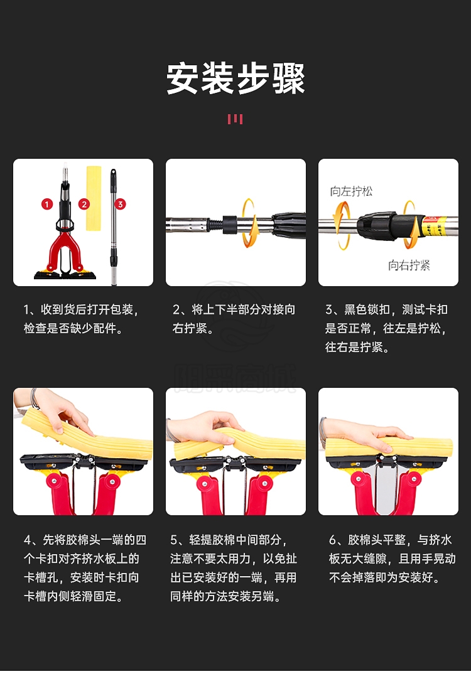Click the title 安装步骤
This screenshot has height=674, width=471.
point(235,78)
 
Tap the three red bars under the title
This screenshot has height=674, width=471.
point(235,119)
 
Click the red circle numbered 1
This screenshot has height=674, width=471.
point(47,204)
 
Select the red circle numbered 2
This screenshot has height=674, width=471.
point(84,204)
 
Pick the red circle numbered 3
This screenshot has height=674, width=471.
point(120,204)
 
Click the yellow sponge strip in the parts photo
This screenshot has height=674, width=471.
point(94,198)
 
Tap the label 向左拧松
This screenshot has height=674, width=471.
point(351,191)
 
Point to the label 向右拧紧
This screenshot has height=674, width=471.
point(409,265)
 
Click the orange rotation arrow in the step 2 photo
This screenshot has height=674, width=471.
point(249,223)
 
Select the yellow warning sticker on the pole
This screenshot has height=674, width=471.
point(432,227)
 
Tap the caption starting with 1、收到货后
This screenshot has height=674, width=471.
point(82,319)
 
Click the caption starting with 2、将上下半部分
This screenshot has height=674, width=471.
point(234,319)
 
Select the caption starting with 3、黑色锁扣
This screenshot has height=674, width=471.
point(386,328)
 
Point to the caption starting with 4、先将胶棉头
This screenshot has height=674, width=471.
point(85,569)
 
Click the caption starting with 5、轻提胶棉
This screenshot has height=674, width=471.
point(234,569)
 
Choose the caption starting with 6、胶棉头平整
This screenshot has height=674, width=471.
point(392,559)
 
